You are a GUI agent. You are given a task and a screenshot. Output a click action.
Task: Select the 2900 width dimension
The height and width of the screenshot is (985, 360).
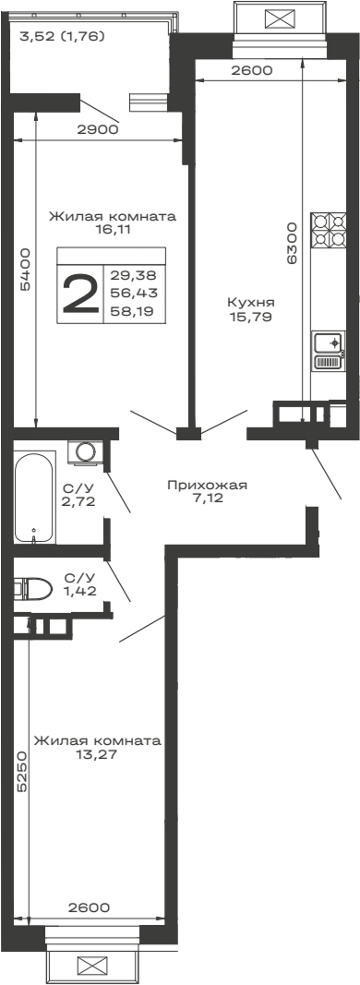97,129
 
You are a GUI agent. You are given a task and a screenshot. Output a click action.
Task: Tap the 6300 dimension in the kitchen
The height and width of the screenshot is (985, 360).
292,244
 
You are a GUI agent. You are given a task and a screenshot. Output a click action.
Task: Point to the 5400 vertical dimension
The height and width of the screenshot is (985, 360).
26,270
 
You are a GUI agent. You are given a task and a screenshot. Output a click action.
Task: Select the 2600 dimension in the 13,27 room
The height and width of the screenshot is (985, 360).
89,907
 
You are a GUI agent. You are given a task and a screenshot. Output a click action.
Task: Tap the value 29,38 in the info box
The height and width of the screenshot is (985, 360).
133,275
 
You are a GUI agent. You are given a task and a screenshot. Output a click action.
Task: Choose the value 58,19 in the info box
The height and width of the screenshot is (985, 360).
133,312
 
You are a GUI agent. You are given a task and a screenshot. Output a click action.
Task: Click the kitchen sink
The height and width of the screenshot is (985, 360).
328,351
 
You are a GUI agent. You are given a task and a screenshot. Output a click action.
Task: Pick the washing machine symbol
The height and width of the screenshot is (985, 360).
86,452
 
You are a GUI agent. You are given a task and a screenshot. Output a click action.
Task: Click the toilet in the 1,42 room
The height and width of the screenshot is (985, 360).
33,588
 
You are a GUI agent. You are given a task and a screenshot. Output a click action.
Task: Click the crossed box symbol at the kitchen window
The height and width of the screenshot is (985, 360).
276,18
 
